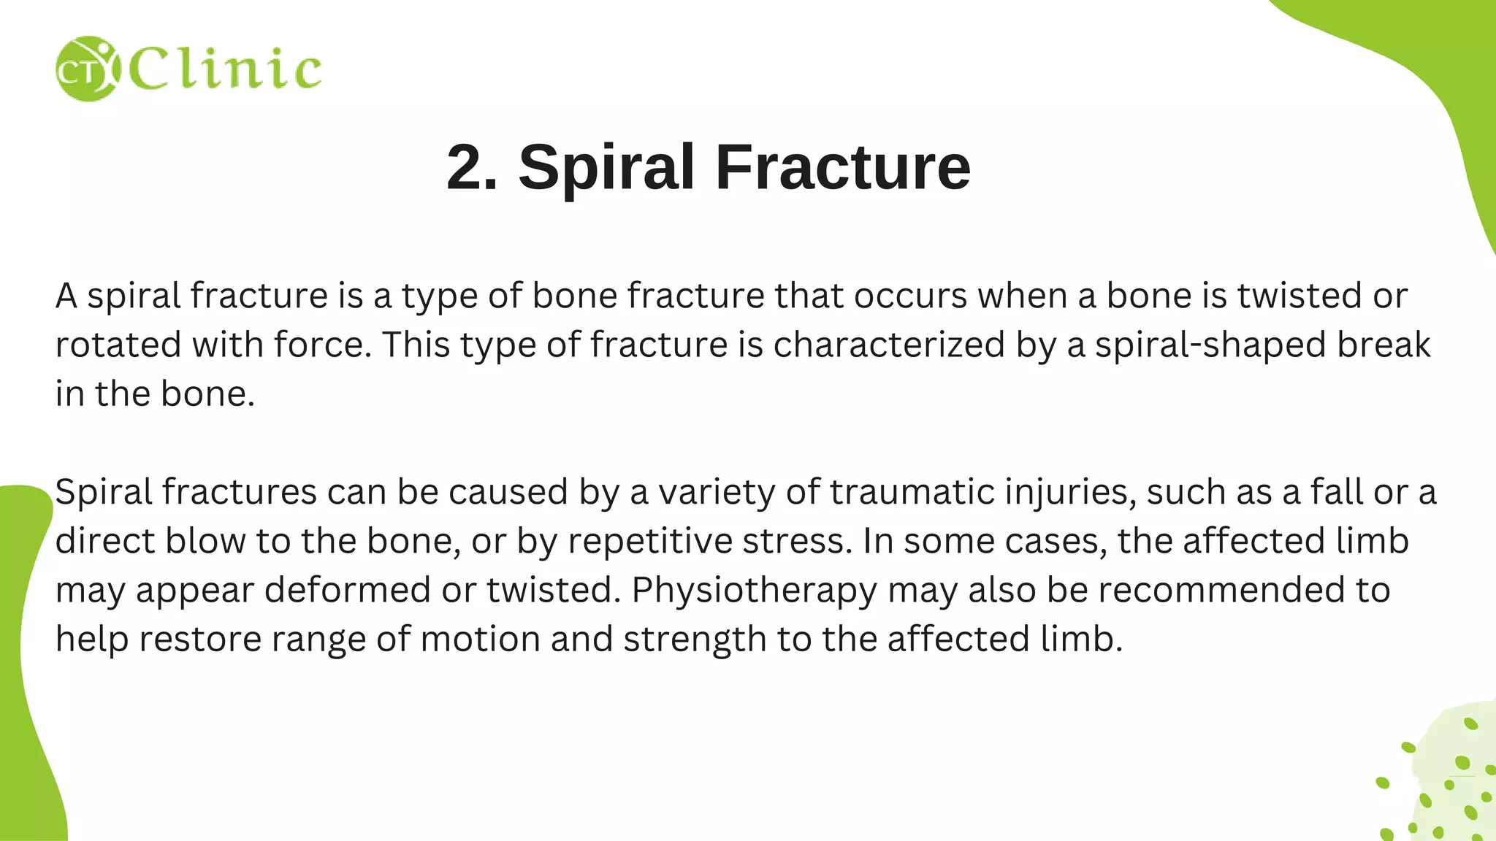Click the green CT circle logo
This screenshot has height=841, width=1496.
pos(86,69)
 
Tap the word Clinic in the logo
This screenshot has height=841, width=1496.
pos(225,69)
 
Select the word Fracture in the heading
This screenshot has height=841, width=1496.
pos(843,167)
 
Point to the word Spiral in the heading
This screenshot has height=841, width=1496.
pos(606,167)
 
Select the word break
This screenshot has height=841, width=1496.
pos(1384,345)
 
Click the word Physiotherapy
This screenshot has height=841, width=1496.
pos(754,590)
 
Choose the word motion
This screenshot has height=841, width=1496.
pos(480,639)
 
